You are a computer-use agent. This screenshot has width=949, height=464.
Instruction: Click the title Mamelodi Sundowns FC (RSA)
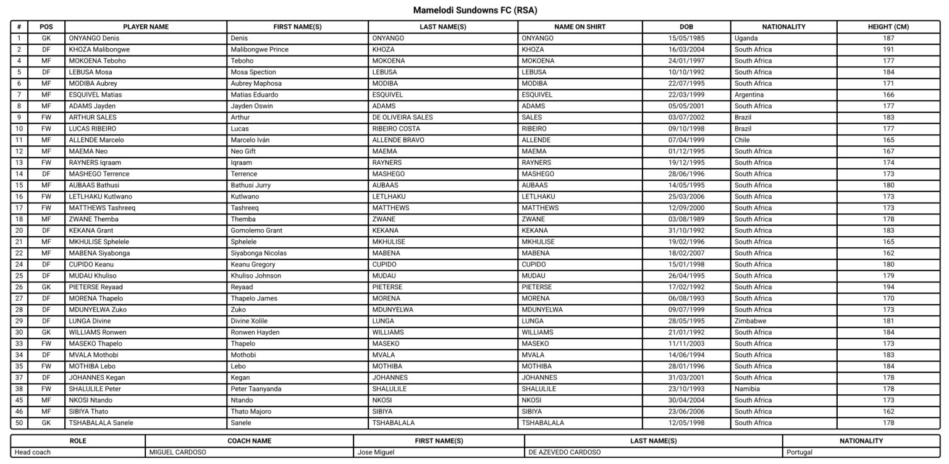pos(474,11)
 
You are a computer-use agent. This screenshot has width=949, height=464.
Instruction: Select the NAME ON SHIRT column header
pos(580,27)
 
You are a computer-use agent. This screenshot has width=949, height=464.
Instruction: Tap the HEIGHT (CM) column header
pos(888,27)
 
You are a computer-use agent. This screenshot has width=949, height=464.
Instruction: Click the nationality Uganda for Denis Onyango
pos(746,38)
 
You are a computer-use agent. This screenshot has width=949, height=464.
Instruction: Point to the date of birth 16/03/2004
pos(686,49)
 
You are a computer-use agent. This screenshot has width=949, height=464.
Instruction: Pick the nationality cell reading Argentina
pos(749,95)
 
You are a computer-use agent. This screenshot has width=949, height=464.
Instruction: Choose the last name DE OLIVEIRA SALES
pos(402,117)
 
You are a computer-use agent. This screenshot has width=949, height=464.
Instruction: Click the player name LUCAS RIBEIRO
pos(93,129)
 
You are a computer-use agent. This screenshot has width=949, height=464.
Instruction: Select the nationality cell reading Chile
pos(742,140)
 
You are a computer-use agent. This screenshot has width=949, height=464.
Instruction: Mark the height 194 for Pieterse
pos(888,287)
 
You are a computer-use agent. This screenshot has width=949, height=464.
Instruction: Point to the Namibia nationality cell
pos(747,389)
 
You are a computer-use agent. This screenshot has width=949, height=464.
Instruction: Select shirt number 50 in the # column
pos(19,423)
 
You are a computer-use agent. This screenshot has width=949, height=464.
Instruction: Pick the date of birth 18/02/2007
pos(686,253)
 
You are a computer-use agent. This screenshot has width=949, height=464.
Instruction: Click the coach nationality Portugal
pos(799,452)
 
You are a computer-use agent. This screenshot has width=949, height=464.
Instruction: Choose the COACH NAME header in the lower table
pos(249,441)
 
